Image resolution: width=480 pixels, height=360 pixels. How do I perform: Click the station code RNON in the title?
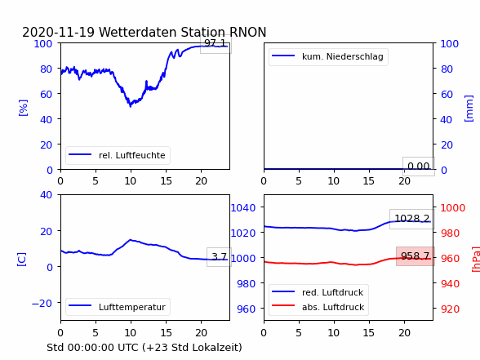pyautogui.click(x=247, y=32)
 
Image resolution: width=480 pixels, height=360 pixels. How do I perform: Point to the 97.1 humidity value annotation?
pyautogui.click(x=216, y=43)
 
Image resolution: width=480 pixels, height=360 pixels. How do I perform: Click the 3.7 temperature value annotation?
pyautogui.click(x=219, y=256)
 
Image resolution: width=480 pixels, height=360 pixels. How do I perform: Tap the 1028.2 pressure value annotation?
pyautogui.click(x=412, y=219)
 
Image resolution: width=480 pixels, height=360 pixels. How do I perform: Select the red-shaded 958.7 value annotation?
pyautogui.click(x=415, y=256)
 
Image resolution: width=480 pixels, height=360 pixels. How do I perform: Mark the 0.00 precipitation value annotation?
pyautogui.click(x=419, y=167)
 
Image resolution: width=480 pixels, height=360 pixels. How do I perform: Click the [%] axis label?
pyautogui.click(x=23, y=108)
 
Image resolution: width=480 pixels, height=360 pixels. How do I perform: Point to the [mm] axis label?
pyautogui.click(x=469, y=109)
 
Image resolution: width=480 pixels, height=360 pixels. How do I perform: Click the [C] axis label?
pyautogui.click(x=22, y=260)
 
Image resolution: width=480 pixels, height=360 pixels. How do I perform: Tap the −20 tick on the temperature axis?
pyautogui.click(x=42, y=304)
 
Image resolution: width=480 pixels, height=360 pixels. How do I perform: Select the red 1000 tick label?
pyautogui.click(x=453, y=208)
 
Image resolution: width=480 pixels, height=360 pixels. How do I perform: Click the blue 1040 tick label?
pyautogui.click(x=243, y=208)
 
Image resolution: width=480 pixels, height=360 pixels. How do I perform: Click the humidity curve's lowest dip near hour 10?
pyautogui.click(x=131, y=106)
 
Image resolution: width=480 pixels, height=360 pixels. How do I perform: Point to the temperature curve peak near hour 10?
pyautogui.click(x=131, y=240)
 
